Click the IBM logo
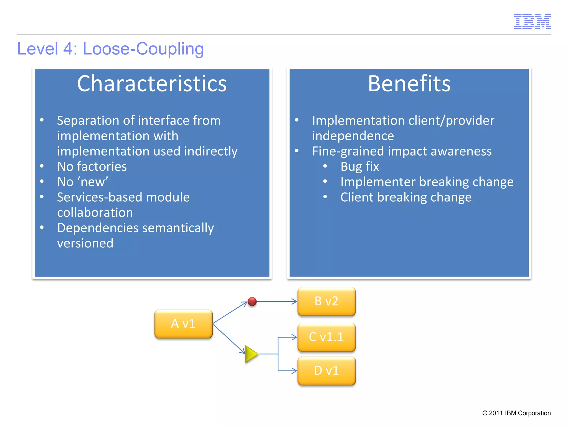(x=532, y=21)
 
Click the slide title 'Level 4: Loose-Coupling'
(x=110, y=49)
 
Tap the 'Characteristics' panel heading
(x=152, y=83)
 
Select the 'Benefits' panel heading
(x=409, y=83)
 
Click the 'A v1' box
(x=183, y=324)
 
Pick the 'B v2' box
(x=326, y=301)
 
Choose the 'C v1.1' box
(x=326, y=337)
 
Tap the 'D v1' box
(x=326, y=371)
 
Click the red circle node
(x=252, y=301)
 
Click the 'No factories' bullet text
(x=92, y=167)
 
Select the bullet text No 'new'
(x=82, y=182)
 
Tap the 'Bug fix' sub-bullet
(x=359, y=167)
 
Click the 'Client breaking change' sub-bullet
(x=406, y=197)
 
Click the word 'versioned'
(x=85, y=243)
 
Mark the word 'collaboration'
(x=95, y=213)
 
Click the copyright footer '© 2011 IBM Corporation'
(x=516, y=413)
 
